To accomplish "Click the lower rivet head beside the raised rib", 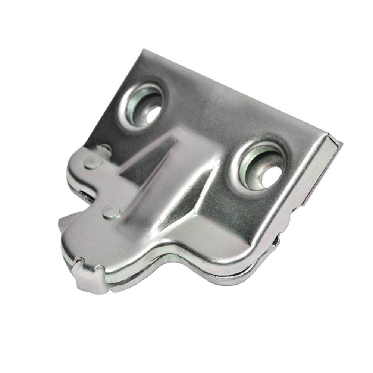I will click(x=110, y=211).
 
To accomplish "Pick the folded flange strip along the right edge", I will click(x=321, y=175).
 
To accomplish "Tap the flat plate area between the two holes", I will click(x=209, y=116).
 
